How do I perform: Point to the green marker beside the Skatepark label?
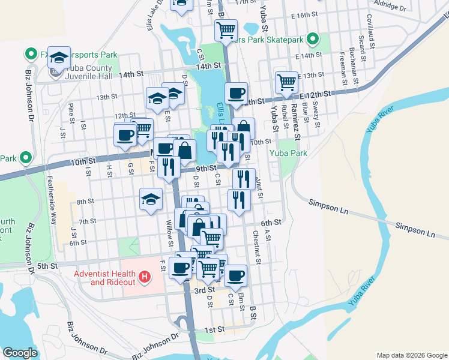point(312,40)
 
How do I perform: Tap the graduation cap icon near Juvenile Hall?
point(59,58)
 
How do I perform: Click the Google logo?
point(20,353)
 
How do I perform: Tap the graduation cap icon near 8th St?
point(151,200)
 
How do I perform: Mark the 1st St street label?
point(214,330)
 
